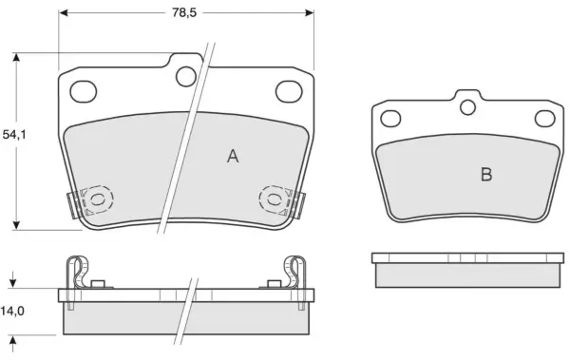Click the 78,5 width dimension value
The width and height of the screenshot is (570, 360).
pos(184,12)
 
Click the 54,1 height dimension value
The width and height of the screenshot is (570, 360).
pos(14,135)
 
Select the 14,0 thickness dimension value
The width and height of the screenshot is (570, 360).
pos(12,311)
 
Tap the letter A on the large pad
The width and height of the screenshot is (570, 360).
pos(233,157)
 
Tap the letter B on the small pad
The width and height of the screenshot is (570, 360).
pos(486,175)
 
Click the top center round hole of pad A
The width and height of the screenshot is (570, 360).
pos(186,76)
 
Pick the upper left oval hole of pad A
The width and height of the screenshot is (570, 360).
pos(84,91)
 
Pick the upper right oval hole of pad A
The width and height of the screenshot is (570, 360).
pos(289,91)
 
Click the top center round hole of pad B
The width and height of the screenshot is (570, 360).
pos(467,107)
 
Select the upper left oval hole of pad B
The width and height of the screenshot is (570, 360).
pos(390,119)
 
